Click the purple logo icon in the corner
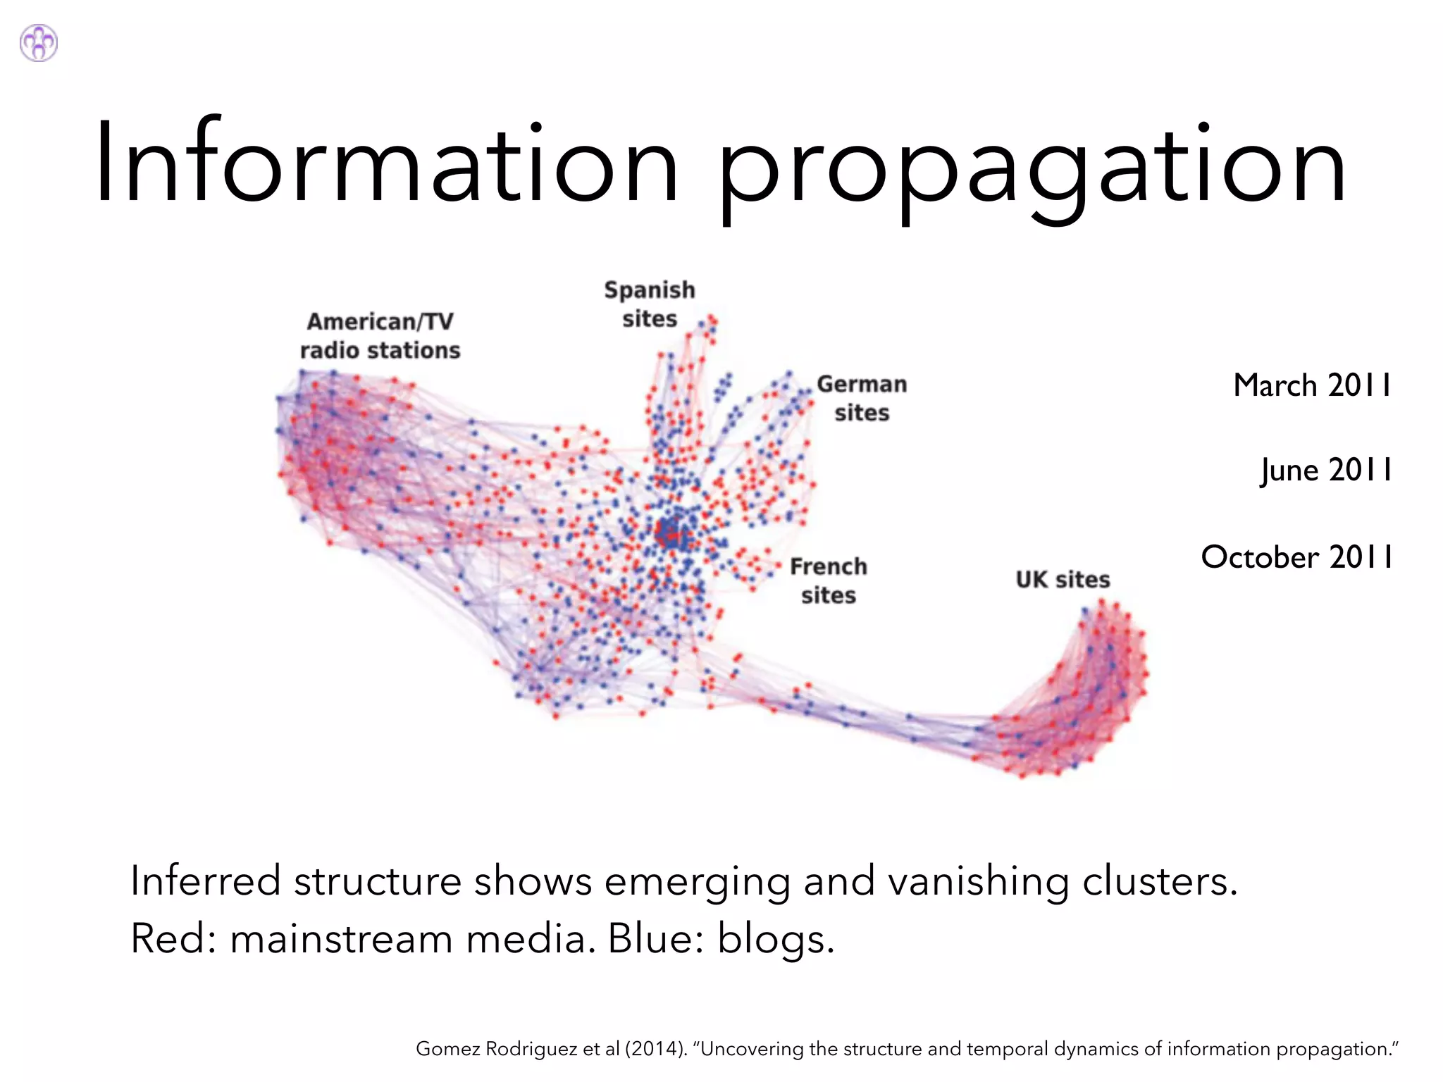tap(39, 43)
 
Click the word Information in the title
tap(386, 163)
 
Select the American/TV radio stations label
tap(380, 336)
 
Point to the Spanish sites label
tap(649, 304)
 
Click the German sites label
tap(862, 398)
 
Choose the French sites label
tap(828, 580)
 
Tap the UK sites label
tap(1063, 580)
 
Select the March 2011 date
tap(1312, 385)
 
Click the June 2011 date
tap(1326, 470)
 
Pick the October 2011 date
tap(1296, 556)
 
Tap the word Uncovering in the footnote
tap(752, 1049)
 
